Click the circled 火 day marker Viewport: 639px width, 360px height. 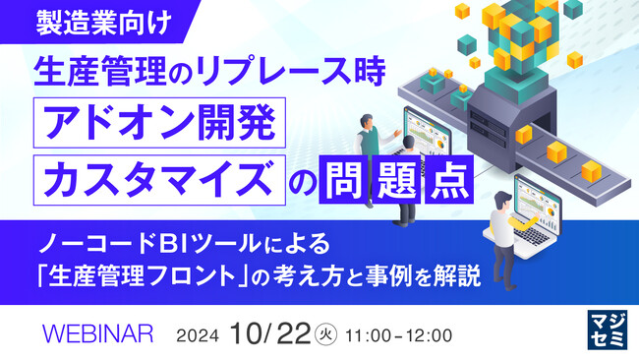[331, 334]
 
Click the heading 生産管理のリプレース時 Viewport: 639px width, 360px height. [201, 72]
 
